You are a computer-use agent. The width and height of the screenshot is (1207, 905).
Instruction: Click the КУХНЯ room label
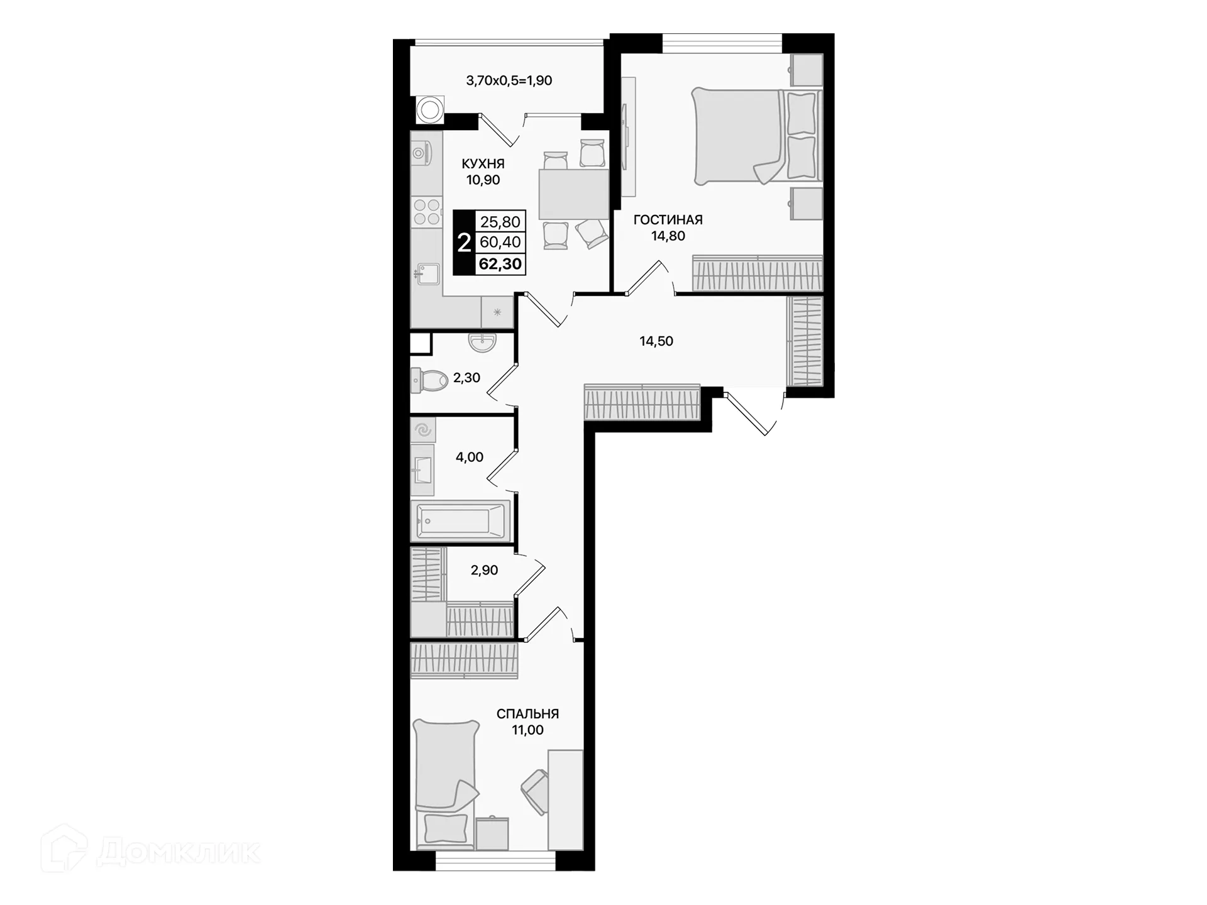[483, 164]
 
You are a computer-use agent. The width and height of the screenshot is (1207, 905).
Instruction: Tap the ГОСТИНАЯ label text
[668, 220]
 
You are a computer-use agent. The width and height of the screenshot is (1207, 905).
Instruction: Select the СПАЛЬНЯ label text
[527, 714]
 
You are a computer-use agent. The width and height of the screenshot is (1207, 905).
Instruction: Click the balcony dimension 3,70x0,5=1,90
[509, 80]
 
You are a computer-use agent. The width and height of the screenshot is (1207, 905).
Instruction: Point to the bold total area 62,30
[500, 264]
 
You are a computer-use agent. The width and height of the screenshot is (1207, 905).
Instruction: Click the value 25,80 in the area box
[500, 222]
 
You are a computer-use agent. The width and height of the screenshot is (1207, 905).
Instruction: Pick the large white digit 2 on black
[464, 243]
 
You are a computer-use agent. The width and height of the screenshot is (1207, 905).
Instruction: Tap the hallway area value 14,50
[656, 341]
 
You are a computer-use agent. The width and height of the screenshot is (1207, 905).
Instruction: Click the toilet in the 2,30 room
[429, 380]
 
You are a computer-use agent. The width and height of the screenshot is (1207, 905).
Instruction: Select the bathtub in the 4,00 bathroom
[461, 521]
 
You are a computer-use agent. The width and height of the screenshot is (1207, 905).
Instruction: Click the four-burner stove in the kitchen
[426, 212]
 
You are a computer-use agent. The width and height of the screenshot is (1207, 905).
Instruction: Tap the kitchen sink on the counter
[427, 273]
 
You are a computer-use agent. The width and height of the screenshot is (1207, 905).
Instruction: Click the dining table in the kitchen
[573, 194]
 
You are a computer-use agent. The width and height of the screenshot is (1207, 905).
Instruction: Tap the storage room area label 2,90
[484, 571]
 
